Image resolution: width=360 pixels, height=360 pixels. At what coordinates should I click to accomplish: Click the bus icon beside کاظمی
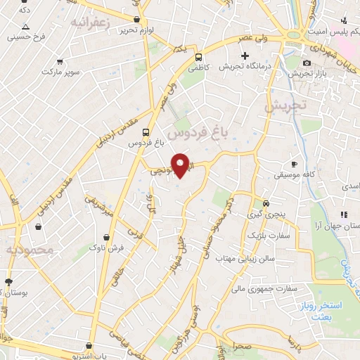click(199, 57)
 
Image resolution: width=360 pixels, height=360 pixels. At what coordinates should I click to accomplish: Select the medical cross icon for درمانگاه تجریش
click(245, 56)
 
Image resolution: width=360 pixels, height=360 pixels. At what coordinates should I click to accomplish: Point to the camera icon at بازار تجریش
click(307, 63)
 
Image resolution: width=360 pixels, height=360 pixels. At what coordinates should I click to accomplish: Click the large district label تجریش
click(285, 105)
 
